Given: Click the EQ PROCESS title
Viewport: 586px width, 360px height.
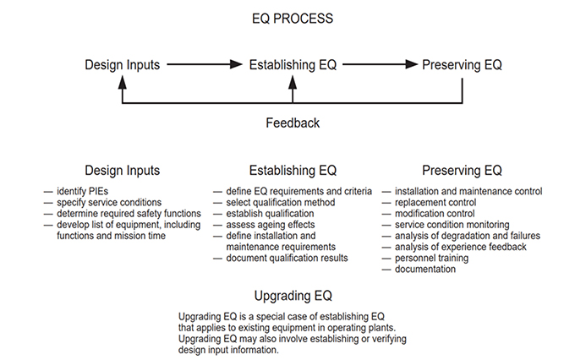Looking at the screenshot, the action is coord(293,19).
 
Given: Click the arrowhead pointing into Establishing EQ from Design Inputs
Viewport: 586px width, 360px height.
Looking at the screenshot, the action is coord(236,64).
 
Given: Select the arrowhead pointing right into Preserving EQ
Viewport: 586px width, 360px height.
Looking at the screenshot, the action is coord(412,64).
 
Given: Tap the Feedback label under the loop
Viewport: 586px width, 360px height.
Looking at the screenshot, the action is coord(293,123).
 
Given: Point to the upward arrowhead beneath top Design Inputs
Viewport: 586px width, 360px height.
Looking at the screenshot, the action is coord(123,82).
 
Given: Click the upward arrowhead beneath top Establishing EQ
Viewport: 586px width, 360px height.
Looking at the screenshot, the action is coord(293,82).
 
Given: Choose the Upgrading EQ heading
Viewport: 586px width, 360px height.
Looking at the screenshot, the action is coord(293,296).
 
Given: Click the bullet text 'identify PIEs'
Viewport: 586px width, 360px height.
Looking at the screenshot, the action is coord(82,191).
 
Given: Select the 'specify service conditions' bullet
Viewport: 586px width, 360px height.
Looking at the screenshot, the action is coord(109,203).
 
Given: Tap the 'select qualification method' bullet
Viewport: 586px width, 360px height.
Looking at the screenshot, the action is coord(280,203).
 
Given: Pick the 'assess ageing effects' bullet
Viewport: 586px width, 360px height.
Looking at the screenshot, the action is coord(271,225).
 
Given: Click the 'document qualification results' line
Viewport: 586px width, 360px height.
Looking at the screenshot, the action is coord(287,258).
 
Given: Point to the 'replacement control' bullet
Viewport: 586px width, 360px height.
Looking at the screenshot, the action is coord(435,203).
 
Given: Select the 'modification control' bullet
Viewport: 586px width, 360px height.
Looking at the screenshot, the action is coord(435,214).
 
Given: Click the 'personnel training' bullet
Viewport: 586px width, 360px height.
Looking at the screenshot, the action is coord(431,258).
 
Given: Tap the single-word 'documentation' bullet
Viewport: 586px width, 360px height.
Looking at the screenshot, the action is coord(425,270).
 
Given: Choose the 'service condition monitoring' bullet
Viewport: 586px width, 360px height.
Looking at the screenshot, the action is coord(452,225).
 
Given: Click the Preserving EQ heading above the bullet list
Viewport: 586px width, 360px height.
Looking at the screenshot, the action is coord(462,171).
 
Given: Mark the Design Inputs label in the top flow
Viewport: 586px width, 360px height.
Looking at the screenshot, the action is coord(123,64).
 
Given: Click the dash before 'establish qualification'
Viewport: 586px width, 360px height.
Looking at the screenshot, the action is coord(217,214).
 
